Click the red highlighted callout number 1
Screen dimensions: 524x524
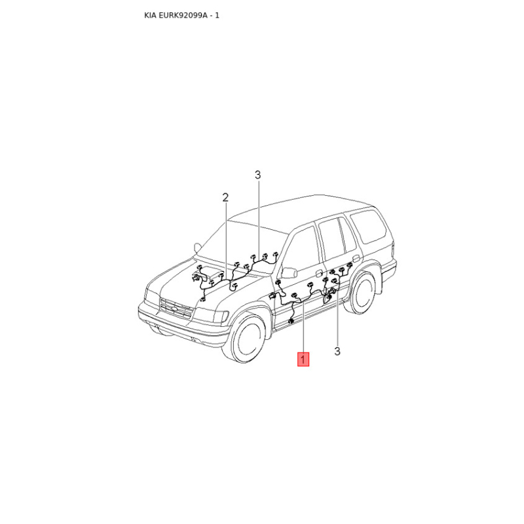pos(303,359)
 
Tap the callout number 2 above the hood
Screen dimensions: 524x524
pos(225,198)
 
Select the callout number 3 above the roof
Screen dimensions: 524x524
pos(257,175)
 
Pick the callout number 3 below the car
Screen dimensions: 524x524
pos(337,351)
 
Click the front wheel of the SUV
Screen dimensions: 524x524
pos(248,336)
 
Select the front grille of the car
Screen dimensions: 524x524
pos(176,308)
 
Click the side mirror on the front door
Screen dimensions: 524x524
pos(289,272)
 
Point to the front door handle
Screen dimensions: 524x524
pos(320,273)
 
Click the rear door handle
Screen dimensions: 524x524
pos(356,258)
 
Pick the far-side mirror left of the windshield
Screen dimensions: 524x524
pos(198,248)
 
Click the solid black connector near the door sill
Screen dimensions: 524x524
pos(290,322)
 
